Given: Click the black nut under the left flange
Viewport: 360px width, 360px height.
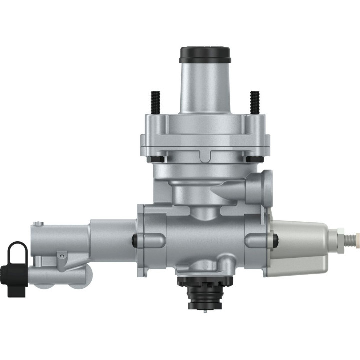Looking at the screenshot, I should [156, 160].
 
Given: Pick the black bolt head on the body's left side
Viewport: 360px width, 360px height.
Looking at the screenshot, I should [135, 240].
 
